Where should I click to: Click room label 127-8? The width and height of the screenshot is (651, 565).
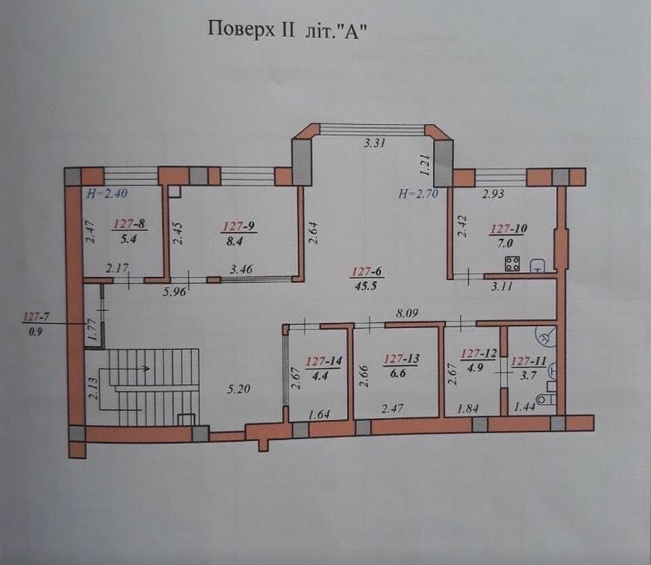pos(130,225)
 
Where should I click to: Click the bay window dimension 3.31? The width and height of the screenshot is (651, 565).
pos(374,143)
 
